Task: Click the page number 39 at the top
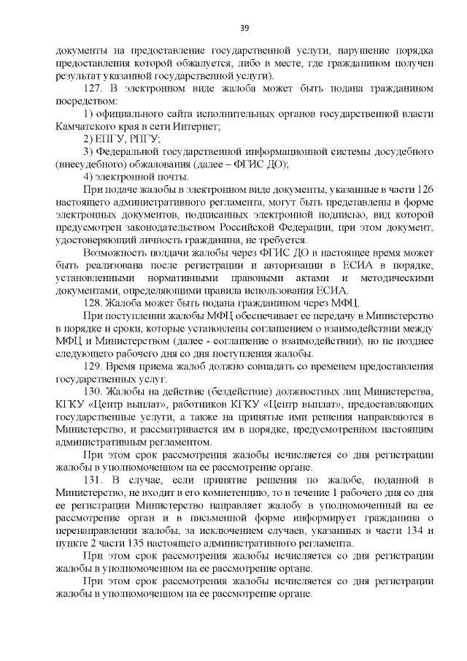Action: point(244,28)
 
